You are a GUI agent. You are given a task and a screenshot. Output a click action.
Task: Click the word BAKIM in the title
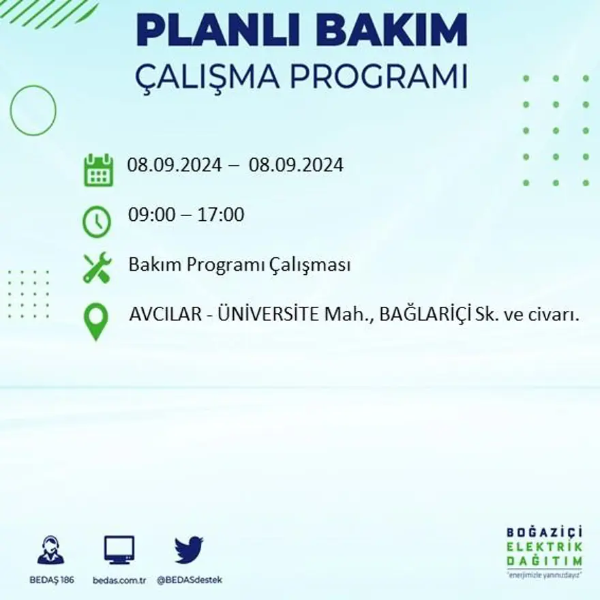(x=395, y=30)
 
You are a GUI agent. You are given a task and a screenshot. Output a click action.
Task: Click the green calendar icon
(x=98, y=170)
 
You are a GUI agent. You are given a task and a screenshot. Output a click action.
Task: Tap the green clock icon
(x=97, y=222)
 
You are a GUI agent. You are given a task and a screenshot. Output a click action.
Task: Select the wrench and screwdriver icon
(x=97, y=267)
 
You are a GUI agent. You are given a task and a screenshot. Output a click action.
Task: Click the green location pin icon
(x=97, y=321)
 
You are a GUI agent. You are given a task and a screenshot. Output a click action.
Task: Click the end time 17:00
(x=222, y=215)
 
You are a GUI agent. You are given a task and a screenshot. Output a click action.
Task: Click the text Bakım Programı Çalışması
(x=239, y=265)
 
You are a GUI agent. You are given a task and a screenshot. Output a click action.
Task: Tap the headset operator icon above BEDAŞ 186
(x=50, y=551)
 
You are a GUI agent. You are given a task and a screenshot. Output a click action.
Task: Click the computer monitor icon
(x=119, y=550)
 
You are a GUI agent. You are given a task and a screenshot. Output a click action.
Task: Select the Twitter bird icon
(x=189, y=550)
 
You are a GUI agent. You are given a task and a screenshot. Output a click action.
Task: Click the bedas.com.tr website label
(x=119, y=580)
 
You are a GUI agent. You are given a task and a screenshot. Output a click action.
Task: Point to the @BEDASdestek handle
(x=190, y=580)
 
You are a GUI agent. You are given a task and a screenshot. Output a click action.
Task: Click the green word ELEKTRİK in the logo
(x=544, y=547)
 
